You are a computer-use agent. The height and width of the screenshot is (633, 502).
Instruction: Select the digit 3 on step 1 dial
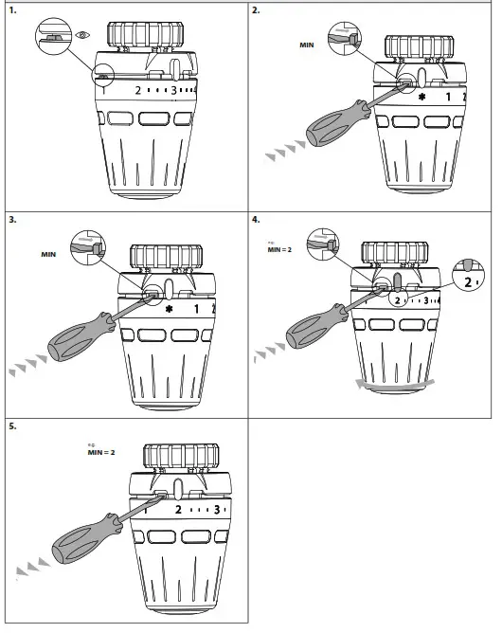[x=173, y=91]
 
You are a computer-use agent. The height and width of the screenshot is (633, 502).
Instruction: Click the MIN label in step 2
[x=305, y=45]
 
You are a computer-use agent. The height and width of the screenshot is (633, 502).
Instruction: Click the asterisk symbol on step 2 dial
[x=421, y=98]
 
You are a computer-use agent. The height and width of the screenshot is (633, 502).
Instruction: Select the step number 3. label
[x=12, y=219]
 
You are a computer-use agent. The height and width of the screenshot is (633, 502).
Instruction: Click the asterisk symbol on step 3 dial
[x=169, y=309]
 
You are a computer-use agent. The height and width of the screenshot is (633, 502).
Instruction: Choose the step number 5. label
[x=12, y=427]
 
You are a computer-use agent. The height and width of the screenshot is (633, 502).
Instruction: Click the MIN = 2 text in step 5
[x=99, y=452]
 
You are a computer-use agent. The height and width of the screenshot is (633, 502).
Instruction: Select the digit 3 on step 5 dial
[x=218, y=510]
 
